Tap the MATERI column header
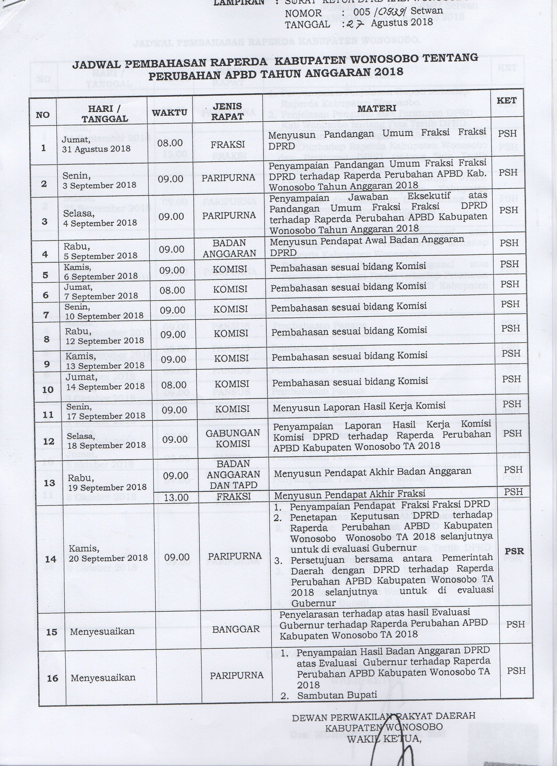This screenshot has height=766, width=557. pyautogui.click(x=377, y=108)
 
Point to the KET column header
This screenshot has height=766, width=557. pyautogui.click(x=506, y=100)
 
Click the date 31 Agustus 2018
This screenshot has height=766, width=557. pyautogui.click(x=96, y=149)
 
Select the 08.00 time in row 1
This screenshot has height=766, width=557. pyautogui.click(x=170, y=143)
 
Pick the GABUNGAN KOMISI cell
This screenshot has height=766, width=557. pyautogui.click(x=233, y=438)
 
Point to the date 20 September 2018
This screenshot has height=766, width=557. pyautogui.click(x=108, y=558)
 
